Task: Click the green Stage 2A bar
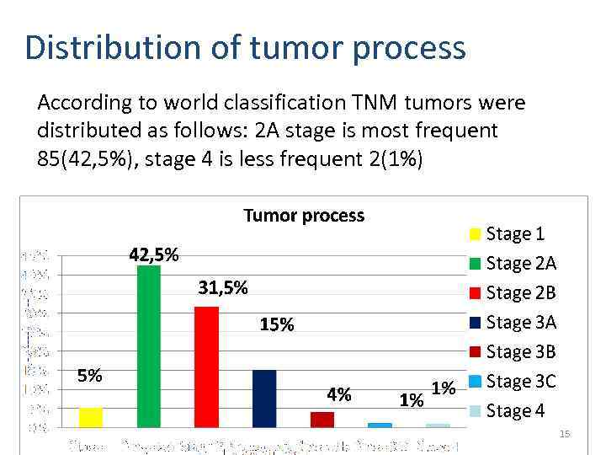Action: tap(148, 346)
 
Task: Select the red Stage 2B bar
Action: tap(206, 367)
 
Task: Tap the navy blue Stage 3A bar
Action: tap(264, 399)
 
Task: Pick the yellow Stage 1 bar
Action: tap(90, 417)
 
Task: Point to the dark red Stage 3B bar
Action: tap(322, 420)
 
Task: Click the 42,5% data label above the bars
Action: tap(153, 254)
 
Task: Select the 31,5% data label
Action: tap(223, 288)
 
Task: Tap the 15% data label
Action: tap(277, 325)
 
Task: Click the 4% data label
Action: tap(339, 394)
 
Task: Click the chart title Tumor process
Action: tap(304, 216)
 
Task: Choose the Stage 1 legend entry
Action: tap(514, 234)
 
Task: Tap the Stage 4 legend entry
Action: tap(514, 411)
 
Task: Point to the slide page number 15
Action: tap(565, 434)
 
